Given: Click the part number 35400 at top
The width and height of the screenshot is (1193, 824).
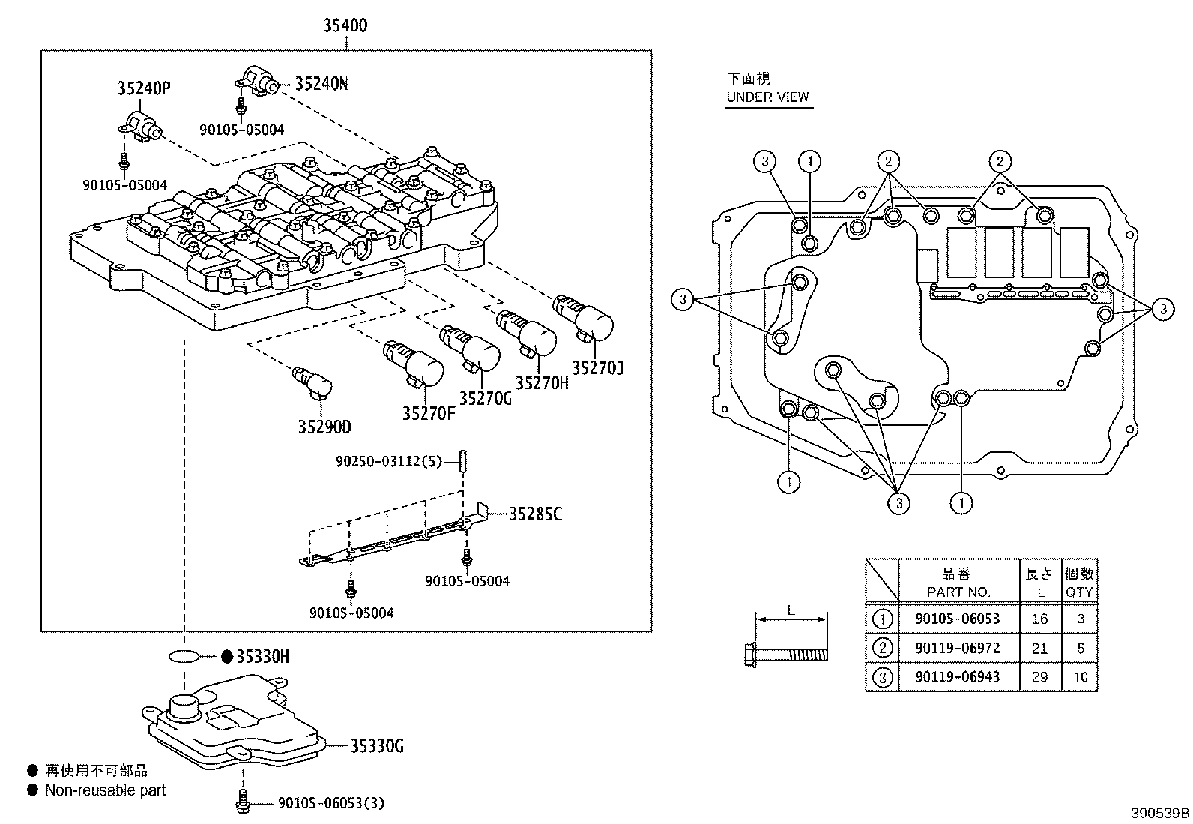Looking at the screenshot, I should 345,25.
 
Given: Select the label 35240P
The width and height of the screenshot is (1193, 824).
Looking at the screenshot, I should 143,88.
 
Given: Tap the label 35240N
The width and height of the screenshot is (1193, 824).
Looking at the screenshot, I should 321,83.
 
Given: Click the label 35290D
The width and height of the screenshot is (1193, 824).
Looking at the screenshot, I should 324,427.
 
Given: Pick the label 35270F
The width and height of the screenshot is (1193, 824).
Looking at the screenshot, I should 428,413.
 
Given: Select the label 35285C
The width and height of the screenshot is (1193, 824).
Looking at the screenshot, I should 535,514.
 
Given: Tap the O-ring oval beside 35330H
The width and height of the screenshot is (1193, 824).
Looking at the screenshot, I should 184,657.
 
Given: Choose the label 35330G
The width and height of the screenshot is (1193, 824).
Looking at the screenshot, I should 377,746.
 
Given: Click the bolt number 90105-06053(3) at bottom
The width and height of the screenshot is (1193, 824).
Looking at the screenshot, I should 330,803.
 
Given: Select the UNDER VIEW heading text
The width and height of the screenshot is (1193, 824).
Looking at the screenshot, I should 767,97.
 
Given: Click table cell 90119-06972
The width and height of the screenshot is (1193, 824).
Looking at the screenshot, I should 957,648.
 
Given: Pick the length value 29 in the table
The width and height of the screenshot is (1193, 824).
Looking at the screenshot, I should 1039,677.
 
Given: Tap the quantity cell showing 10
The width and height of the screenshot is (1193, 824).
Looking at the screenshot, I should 1080,677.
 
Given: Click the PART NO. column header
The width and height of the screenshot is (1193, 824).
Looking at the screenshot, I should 958,592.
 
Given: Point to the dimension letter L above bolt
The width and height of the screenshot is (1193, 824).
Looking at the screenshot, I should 791,610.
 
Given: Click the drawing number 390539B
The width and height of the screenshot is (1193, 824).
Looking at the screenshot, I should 1159,813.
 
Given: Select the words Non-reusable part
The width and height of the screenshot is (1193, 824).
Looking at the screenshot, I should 105,790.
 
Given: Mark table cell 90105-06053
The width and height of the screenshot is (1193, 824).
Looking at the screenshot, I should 957,619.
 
